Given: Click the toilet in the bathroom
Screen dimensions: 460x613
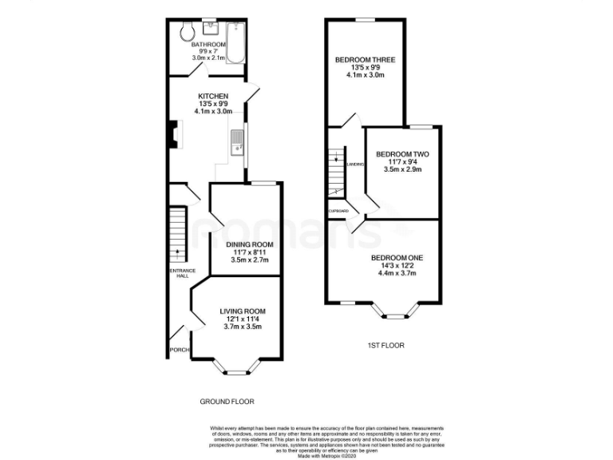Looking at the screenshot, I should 187,32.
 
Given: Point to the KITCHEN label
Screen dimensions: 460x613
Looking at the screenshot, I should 213,96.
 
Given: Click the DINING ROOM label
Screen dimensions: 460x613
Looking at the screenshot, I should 249,244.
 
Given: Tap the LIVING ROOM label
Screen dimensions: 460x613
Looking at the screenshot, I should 243,311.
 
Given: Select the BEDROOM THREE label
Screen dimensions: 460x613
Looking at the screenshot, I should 366,59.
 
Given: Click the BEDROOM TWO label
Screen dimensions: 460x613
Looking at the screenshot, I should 402,154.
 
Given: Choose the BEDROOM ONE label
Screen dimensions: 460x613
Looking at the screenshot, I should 397,257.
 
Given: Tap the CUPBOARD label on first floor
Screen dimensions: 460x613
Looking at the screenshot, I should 338,211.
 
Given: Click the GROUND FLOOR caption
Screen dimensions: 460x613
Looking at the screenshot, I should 227,401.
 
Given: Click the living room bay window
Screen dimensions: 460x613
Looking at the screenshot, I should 235,368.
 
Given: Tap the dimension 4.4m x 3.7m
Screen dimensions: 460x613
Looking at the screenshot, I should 397,273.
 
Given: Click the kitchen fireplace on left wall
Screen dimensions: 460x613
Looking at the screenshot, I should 172,136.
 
